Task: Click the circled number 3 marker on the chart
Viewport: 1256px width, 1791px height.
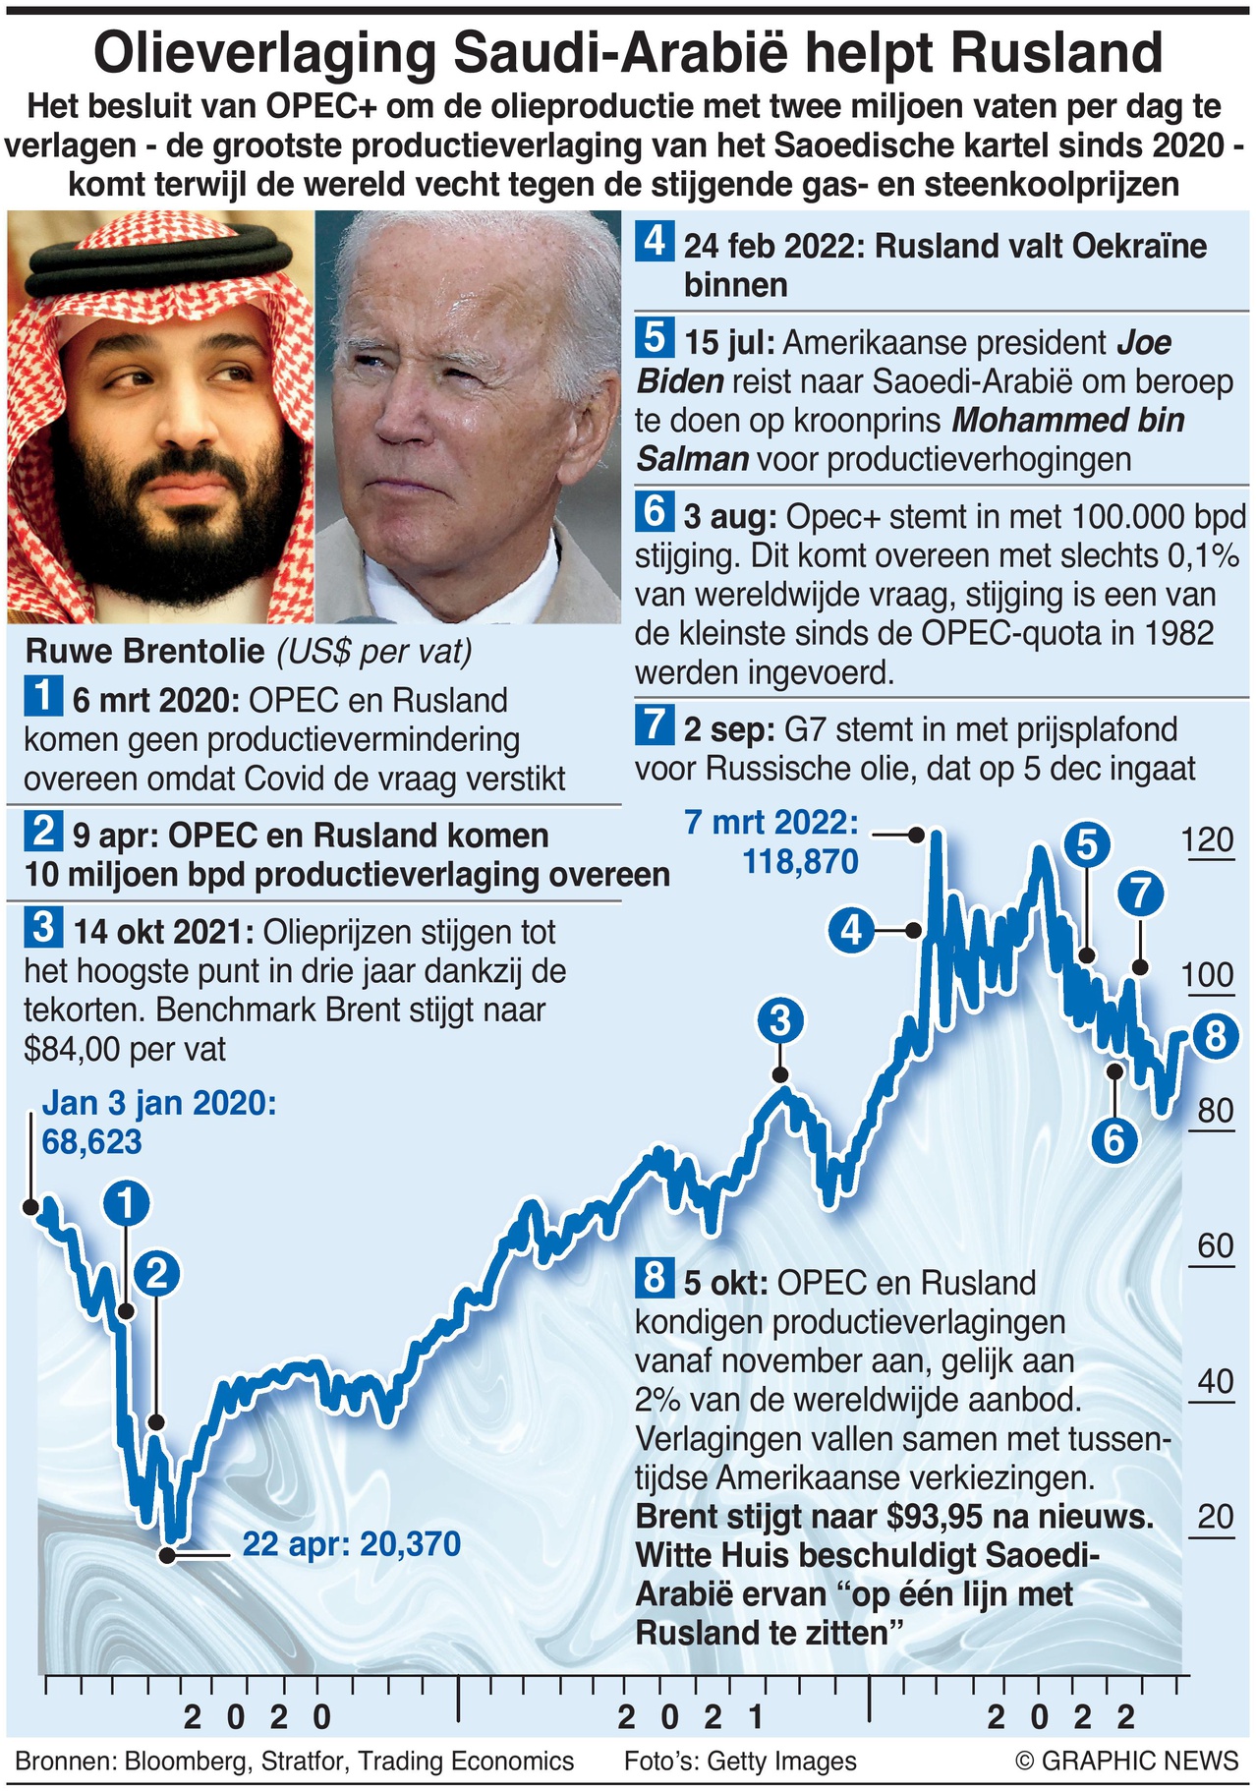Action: (779, 1021)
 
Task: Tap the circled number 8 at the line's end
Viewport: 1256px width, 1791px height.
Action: (1215, 1036)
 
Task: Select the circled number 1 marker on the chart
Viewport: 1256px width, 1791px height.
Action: (127, 1204)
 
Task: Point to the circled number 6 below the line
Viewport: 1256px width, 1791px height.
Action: (1113, 1140)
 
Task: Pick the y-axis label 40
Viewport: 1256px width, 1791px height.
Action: (1215, 1381)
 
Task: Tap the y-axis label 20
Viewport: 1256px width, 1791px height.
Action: (1215, 1517)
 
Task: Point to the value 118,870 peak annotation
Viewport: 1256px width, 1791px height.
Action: (800, 862)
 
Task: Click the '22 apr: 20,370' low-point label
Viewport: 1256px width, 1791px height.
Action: (351, 1543)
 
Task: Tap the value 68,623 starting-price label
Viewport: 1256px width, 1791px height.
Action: (91, 1142)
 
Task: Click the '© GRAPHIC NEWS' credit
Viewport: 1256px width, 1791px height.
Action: (1127, 1761)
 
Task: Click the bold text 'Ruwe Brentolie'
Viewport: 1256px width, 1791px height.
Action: (144, 651)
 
